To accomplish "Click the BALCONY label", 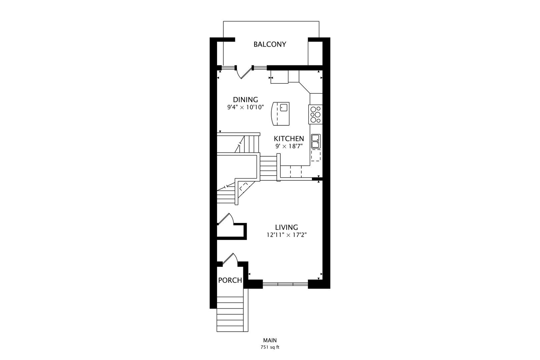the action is point(270,44).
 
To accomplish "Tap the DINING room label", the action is point(245,100).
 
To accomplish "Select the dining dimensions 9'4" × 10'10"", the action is point(246,107).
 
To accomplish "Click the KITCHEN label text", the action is point(289,139).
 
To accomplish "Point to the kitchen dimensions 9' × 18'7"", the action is point(289,146).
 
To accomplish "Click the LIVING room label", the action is point(287,227).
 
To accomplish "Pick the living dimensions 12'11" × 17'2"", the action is point(287,235).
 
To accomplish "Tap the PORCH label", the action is point(230,280).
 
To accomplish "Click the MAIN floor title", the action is point(270,340).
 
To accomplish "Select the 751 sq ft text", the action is point(270,347).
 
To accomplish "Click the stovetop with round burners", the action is point(315,115).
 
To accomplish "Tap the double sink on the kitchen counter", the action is point(316,141).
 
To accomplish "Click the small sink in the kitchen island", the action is point(284,107).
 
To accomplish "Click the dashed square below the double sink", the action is point(316,155).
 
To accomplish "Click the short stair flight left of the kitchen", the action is point(269,168).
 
